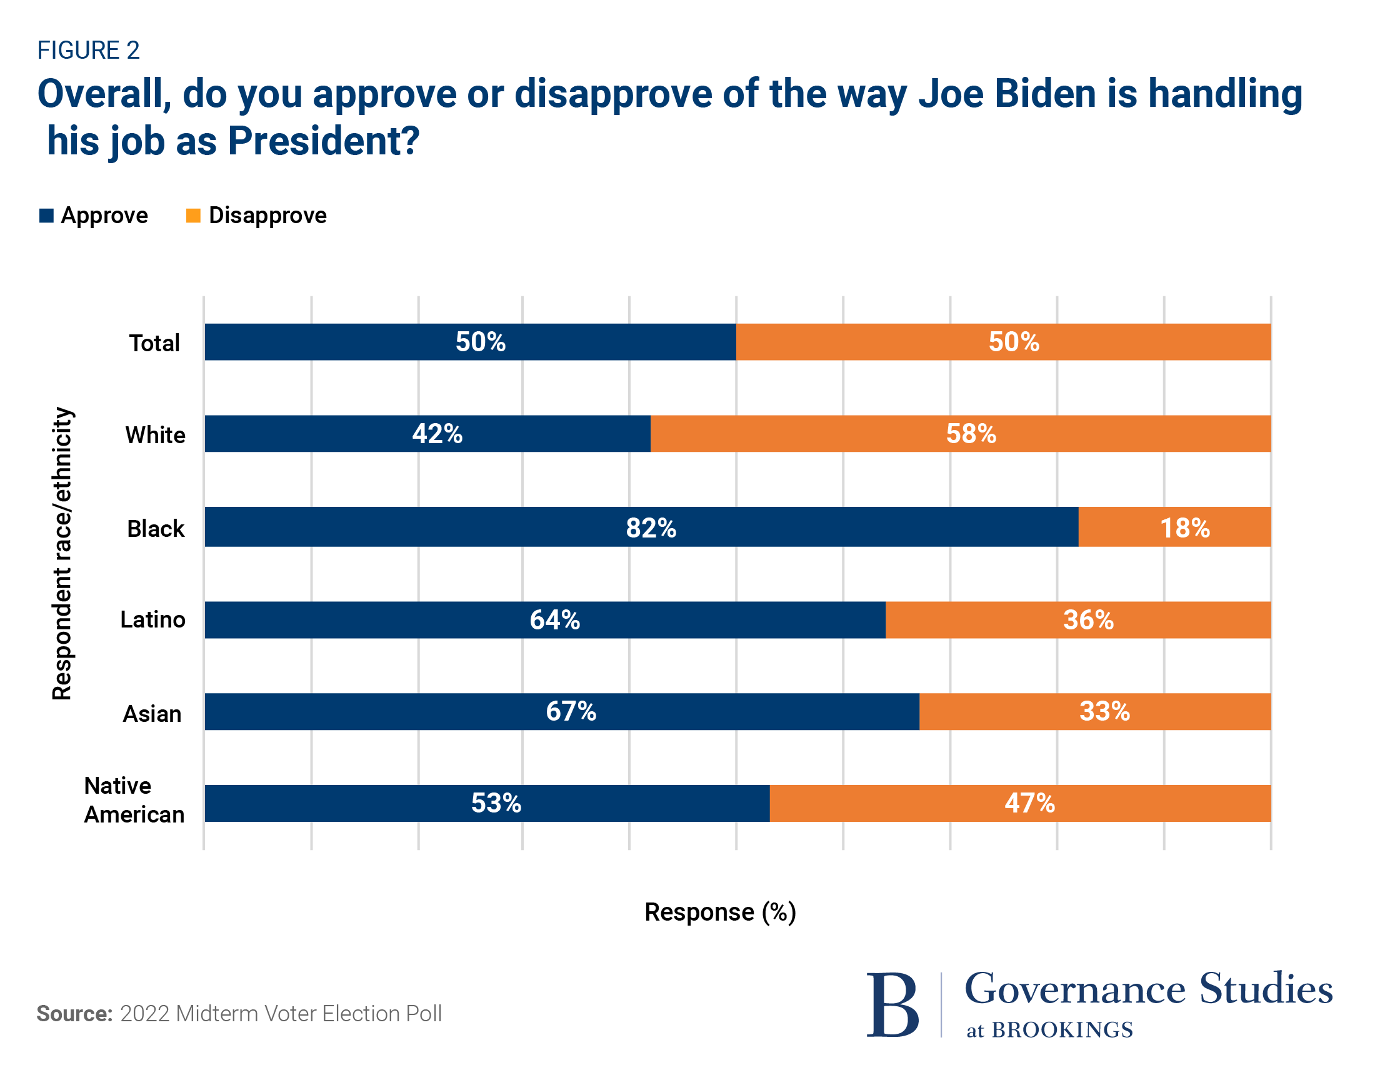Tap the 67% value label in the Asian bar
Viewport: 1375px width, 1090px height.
click(x=571, y=711)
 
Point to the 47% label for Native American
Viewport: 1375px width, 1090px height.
click(x=1029, y=803)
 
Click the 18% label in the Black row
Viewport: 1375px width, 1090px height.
click(x=1184, y=528)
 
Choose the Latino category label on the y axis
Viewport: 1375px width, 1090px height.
click(x=153, y=619)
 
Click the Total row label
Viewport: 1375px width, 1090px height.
click(x=154, y=343)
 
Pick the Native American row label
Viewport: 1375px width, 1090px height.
click(x=134, y=800)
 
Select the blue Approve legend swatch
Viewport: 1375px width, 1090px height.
click(x=46, y=216)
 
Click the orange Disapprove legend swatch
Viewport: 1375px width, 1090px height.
click(x=192, y=216)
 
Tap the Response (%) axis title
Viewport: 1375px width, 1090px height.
click(x=720, y=912)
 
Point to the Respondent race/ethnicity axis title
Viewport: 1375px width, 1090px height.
click(x=62, y=554)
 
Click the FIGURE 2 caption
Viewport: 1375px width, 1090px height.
click(x=88, y=51)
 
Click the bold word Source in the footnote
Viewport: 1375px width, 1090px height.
click(x=74, y=1014)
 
